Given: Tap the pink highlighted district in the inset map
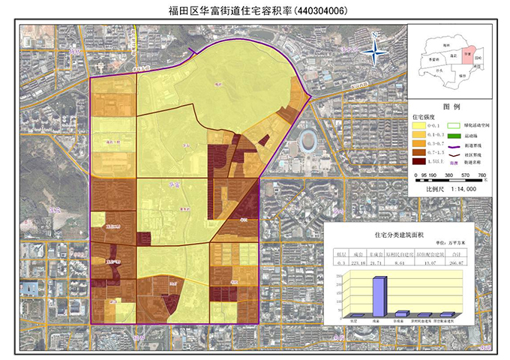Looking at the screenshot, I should [x=466, y=55].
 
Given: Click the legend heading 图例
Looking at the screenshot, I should [x=451, y=107].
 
